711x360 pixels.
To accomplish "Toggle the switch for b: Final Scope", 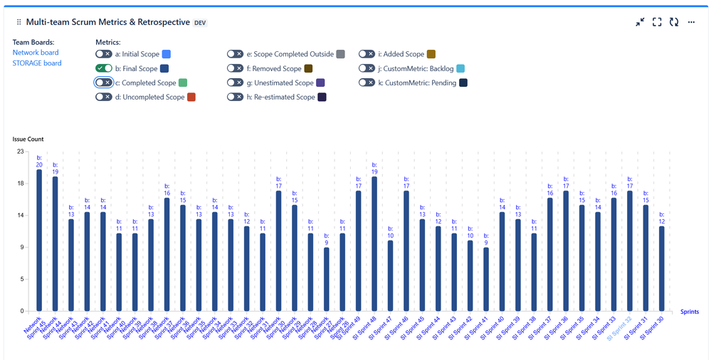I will click(104, 68).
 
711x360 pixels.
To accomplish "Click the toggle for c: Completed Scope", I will click(104, 83).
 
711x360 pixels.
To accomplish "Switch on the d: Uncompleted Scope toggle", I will click(104, 97).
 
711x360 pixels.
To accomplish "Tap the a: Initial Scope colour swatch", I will click(167, 54).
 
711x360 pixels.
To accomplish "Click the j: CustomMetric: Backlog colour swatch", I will click(460, 68).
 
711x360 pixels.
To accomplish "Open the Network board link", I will click(36, 53).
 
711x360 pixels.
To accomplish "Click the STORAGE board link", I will click(37, 63).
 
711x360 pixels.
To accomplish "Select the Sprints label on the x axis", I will click(690, 312).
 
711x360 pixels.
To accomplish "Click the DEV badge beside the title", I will click(200, 23).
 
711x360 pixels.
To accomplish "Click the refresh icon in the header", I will click(673, 23).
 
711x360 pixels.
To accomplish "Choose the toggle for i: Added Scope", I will click(367, 54).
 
